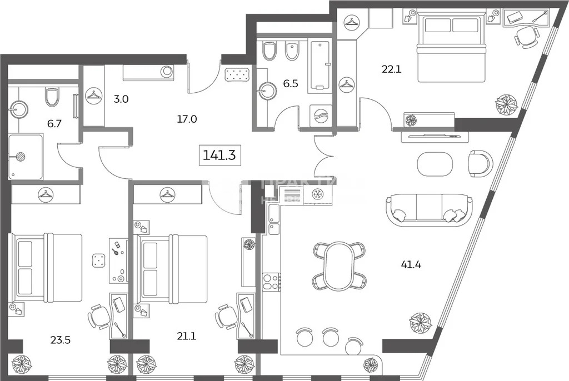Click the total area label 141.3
click(219, 155)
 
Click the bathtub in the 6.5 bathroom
click(320, 64)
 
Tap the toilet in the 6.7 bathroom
click(52, 97)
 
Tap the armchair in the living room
click(480, 163)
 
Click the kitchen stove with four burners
click(269, 281)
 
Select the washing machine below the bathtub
click(321, 117)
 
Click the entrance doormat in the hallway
click(238, 74)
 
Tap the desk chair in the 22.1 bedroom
click(525, 37)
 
